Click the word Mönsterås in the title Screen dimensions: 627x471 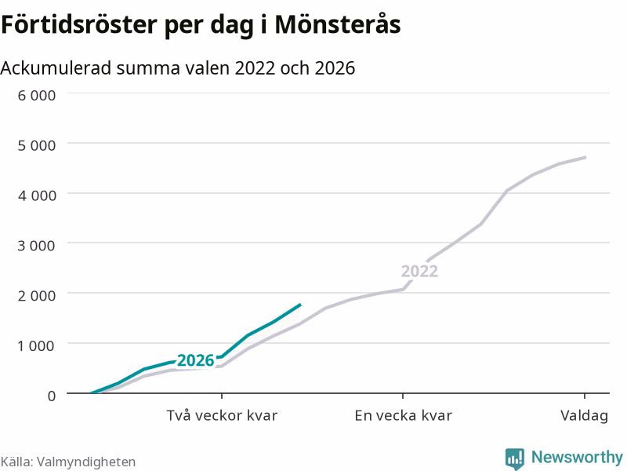pyautogui.click(x=338, y=24)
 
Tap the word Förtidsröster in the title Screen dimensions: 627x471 pyautogui.click(x=80, y=24)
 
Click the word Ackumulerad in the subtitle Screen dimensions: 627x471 pyautogui.click(x=56, y=68)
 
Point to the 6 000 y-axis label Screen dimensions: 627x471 pyautogui.click(x=36, y=95)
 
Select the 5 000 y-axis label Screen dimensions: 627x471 pyautogui.click(x=36, y=145)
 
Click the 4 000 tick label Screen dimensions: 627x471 pyautogui.click(x=36, y=195)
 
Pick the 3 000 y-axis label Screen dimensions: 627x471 pyautogui.click(x=36, y=246)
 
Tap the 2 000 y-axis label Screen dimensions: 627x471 pyautogui.click(x=36, y=296)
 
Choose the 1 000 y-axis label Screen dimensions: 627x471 pyautogui.click(x=36, y=345)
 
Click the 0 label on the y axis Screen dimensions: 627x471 pyautogui.click(x=52, y=396)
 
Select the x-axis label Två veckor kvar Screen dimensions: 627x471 pyautogui.click(x=222, y=415)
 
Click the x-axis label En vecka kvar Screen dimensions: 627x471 pyautogui.click(x=403, y=415)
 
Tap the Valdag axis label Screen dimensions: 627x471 pyautogui.click(x=584, y=416)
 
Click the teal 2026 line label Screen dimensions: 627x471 pyautogui.click(x=195, y=360)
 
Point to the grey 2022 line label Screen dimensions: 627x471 pyautogui.click(x=419, y=271)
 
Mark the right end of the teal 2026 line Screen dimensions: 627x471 pyautogui.click(x=301, y=305)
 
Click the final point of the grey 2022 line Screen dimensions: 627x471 pyautogui.click(x=585, y=157)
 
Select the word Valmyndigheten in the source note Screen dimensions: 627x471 pyautogui.click(x=86, y=462)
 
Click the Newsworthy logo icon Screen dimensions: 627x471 pyautogui.click(x=515, y=458)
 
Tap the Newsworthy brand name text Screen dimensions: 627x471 pyautogui.click(x=577, y=457)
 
